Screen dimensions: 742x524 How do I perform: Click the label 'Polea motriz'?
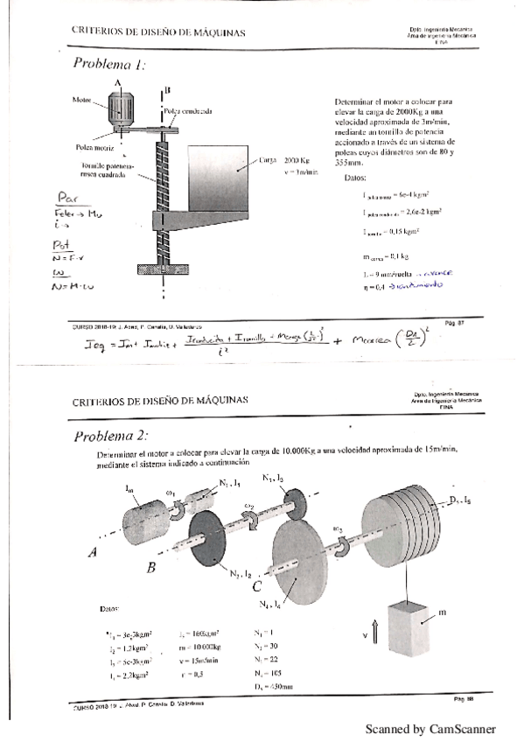click(85, 148)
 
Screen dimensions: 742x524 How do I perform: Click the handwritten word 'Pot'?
click(64, 249)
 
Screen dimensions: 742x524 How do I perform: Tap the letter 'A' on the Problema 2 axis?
click(92, 552)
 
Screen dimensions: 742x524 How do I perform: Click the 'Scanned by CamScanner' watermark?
click(430, 729)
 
